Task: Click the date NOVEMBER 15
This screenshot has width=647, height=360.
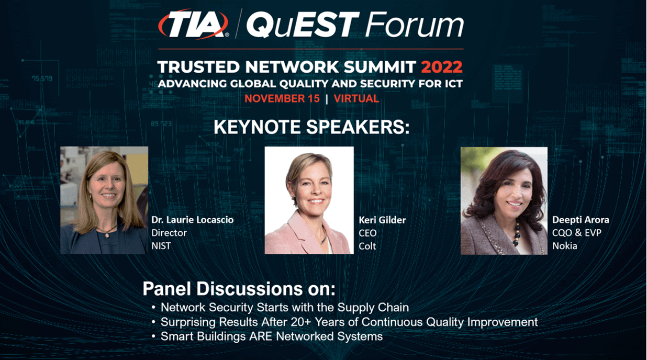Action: point(282,98)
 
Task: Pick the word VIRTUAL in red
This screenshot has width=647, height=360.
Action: point(356,98)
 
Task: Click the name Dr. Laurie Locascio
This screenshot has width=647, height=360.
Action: point(192,220)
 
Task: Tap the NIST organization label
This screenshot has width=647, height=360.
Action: point(161,245)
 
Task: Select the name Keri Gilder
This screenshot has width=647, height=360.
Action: point(382,220)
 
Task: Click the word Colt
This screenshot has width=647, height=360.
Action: point(367,245)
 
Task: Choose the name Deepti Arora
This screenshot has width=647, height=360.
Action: point(581,220)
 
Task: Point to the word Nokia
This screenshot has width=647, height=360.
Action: point(565,245)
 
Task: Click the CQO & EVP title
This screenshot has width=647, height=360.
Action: point(576,233)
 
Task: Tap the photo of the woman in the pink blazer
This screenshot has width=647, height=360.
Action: point(309,200)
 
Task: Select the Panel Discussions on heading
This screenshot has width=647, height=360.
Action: point(239,289)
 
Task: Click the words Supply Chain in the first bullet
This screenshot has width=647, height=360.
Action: point(376,307)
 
